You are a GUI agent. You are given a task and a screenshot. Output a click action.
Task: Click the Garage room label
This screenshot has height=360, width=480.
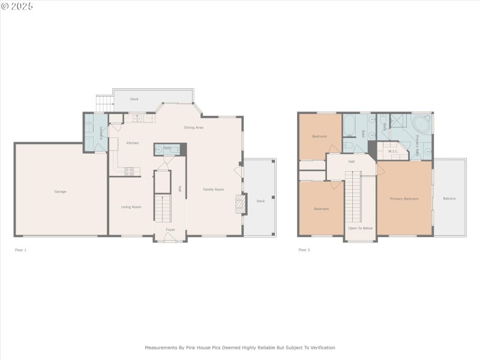(x=60, y=191)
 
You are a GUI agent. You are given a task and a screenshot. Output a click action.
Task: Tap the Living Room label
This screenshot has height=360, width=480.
(x=131, y=207)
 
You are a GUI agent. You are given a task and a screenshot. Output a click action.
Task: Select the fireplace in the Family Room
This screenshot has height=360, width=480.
(x=240, y=204)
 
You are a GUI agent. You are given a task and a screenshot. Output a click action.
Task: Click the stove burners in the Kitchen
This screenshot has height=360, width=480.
(x=129, y=171)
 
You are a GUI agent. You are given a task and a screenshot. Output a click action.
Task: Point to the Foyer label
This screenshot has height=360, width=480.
(x=170, y=229)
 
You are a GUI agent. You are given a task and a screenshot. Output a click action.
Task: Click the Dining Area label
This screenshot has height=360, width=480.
(x=193, y=127)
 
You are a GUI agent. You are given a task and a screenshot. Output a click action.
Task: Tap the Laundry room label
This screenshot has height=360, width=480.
(x=102, y=133)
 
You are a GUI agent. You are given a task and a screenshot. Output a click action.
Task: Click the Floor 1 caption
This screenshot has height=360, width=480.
(x=20, y=250)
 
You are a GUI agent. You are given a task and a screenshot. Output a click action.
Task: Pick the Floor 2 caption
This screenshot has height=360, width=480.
(x=304, y=250)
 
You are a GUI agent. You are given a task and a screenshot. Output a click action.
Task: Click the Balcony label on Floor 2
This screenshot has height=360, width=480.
(x=449, y=199)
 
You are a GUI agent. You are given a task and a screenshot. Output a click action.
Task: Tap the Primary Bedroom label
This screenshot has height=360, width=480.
(x=404, y=199)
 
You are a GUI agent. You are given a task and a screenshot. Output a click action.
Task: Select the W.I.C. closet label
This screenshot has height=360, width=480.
(x=394, y=151)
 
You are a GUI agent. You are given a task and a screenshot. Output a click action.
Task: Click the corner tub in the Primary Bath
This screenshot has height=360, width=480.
(x=421, y=124)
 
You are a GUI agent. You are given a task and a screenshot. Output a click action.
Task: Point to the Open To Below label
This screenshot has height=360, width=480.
(x=361, y=228)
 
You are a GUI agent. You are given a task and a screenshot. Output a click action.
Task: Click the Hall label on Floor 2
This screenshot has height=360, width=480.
(x=352, y=161)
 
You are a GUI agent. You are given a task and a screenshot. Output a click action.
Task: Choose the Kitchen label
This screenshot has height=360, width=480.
(x=133, y=143)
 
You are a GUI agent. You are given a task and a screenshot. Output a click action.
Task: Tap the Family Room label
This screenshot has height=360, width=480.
(x=213, y=190)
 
